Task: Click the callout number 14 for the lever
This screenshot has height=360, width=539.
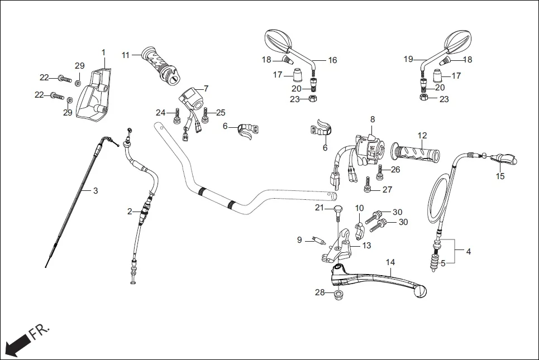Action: [x=390, y=262]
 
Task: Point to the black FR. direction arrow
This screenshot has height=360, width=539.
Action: [x=16, y=342]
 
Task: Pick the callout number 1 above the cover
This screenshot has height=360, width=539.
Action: [x=103, y=52]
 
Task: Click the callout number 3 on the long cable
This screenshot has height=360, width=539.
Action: [x=96, y=191]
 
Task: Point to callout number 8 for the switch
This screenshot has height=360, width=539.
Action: [x=372, y=119]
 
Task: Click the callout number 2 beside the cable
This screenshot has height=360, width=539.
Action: [x=130, y=212]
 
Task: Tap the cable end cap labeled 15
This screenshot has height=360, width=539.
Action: [x=504, y=160]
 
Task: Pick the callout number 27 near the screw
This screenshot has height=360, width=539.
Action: [x=387, y=190]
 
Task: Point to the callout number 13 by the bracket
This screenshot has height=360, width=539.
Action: [x=366, y=245]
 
